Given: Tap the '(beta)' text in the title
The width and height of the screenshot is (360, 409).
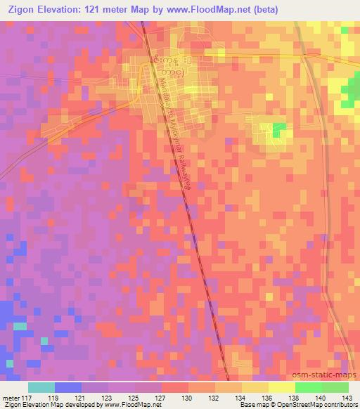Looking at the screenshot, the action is [x=264, y=9].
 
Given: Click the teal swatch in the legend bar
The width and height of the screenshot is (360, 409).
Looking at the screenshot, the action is [x=41, y=387].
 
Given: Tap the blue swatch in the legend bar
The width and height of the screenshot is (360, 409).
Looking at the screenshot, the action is [x=68, y=387].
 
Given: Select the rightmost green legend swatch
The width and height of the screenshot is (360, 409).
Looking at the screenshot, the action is [x=335, y=387].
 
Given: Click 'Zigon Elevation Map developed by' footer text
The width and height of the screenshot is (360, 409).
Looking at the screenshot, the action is [x=42, y=405].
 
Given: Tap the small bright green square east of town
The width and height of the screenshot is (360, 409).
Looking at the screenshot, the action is [x=279, y=129].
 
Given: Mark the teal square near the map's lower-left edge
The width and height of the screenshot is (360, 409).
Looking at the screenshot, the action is [x=20, y=326].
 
